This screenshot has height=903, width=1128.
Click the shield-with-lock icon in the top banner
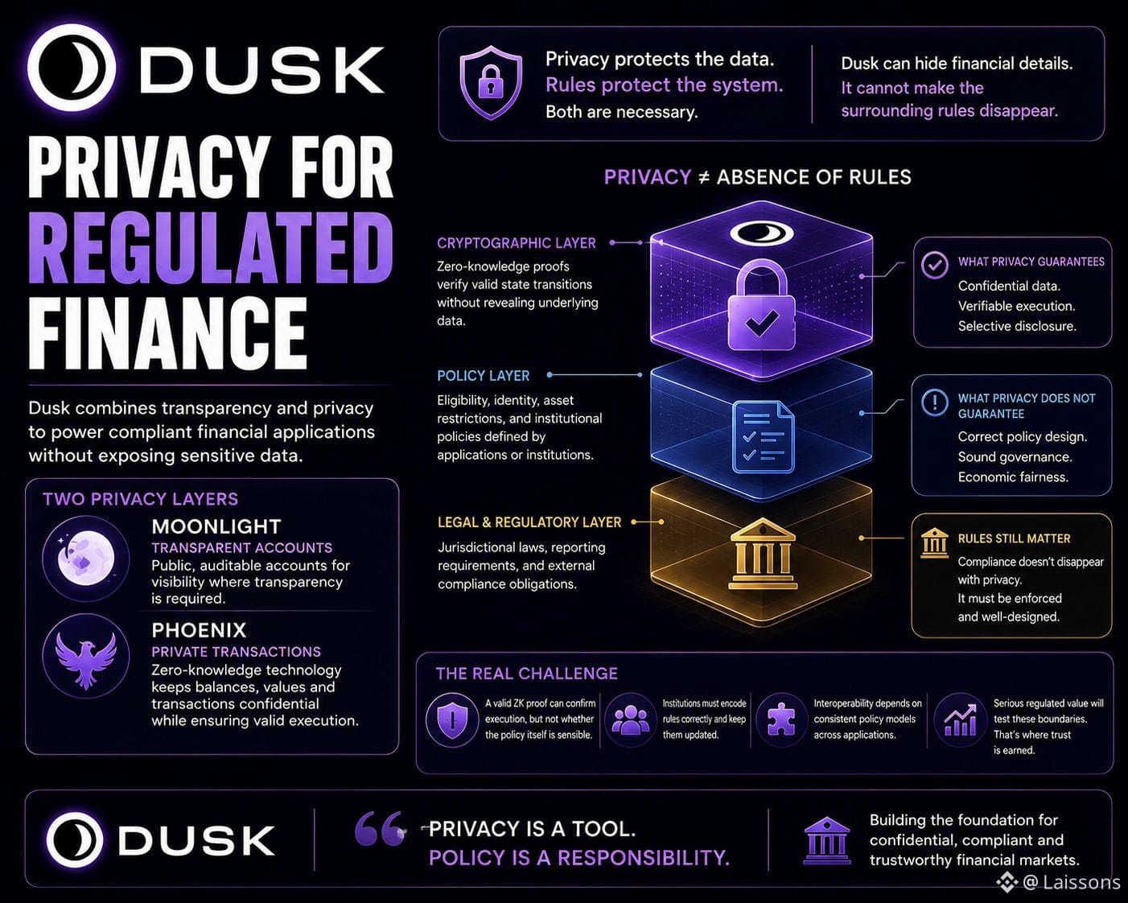click(491, 82)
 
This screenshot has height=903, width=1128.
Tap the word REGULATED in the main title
click(211, 248)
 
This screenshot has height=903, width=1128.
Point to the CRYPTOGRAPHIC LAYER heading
click(517, 243)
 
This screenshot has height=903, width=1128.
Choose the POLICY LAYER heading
click(484, 376)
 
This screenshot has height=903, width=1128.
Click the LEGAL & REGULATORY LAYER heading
click(529, 522)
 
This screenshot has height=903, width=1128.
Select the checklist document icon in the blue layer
click(763, 437)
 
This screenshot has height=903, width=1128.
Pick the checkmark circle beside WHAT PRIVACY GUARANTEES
click(935, 265)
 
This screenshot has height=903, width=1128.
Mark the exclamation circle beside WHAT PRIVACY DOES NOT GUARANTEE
click(935, 402)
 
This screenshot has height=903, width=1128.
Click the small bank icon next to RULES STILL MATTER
click(934, 542)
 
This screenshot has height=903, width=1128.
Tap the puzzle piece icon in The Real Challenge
click(781, 720)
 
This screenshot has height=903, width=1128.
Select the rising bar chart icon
click(961, 720)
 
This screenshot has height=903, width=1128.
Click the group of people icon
click(631, 720)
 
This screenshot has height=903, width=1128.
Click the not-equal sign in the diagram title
click(704, 178)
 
